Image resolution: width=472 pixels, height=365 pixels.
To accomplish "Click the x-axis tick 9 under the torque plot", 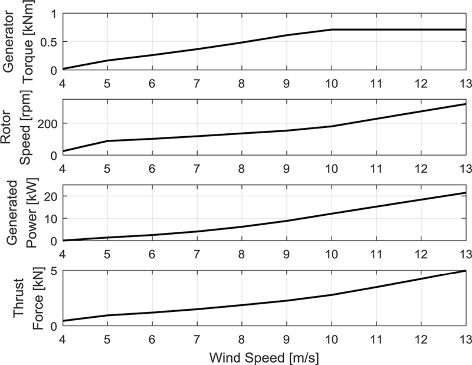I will (x=286, y=82).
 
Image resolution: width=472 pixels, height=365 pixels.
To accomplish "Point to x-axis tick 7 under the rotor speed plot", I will (x=196, y=168).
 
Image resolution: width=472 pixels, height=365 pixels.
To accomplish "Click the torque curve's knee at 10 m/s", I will (x=331, y=29).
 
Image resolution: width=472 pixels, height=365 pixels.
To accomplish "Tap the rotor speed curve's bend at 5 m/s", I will (x=107, y=141).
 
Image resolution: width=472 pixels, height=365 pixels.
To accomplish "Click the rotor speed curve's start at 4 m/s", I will (x=63, y=152).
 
